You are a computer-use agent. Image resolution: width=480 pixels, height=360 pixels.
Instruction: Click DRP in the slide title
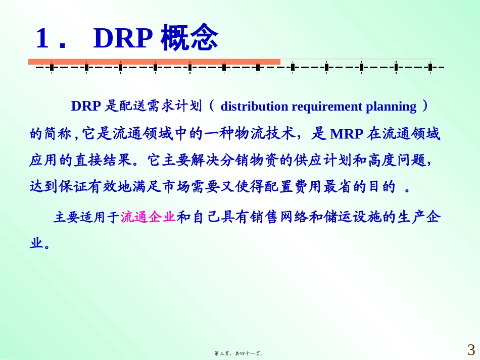123,39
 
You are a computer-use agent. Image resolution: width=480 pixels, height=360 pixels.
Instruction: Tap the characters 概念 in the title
189,39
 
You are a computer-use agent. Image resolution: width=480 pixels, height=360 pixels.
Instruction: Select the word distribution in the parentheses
254,107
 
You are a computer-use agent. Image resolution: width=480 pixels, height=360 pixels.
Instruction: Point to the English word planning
391,107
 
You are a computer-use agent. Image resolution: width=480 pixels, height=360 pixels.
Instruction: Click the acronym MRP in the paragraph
346,134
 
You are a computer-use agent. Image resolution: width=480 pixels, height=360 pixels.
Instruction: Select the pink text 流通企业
148,218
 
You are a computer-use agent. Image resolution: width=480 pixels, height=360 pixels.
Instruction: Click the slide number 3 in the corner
471,349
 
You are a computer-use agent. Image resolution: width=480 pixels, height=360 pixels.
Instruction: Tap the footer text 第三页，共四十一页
239,354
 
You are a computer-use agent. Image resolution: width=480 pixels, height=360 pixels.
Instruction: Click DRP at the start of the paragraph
86,107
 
